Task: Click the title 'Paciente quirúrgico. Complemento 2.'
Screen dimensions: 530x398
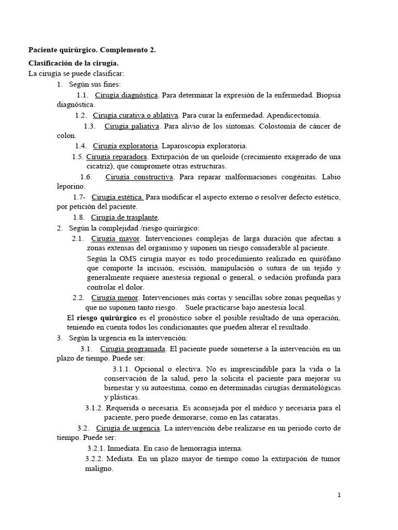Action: pyautogui.click(x=92, y=50)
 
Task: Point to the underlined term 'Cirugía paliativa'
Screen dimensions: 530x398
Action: pyautogui.click(x=133, y=126)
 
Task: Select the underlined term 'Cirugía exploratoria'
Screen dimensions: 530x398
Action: pyautogui.click(x=126, y=145)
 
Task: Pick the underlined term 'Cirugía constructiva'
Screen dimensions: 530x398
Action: pyautogui.click(x=139, y=176)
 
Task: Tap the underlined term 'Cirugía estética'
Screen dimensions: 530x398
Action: pyautogui.click(x=118, y=197)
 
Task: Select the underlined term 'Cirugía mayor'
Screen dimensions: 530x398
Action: pyautogui.click(x=115, y=238)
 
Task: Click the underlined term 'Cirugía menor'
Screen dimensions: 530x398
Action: pyautogui.click(x=115, y=298)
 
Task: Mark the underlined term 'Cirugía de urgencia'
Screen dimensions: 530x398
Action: pyautogui.click(x=127, y=428)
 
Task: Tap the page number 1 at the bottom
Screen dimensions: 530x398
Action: pyautogui.click(x=339, y=495)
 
